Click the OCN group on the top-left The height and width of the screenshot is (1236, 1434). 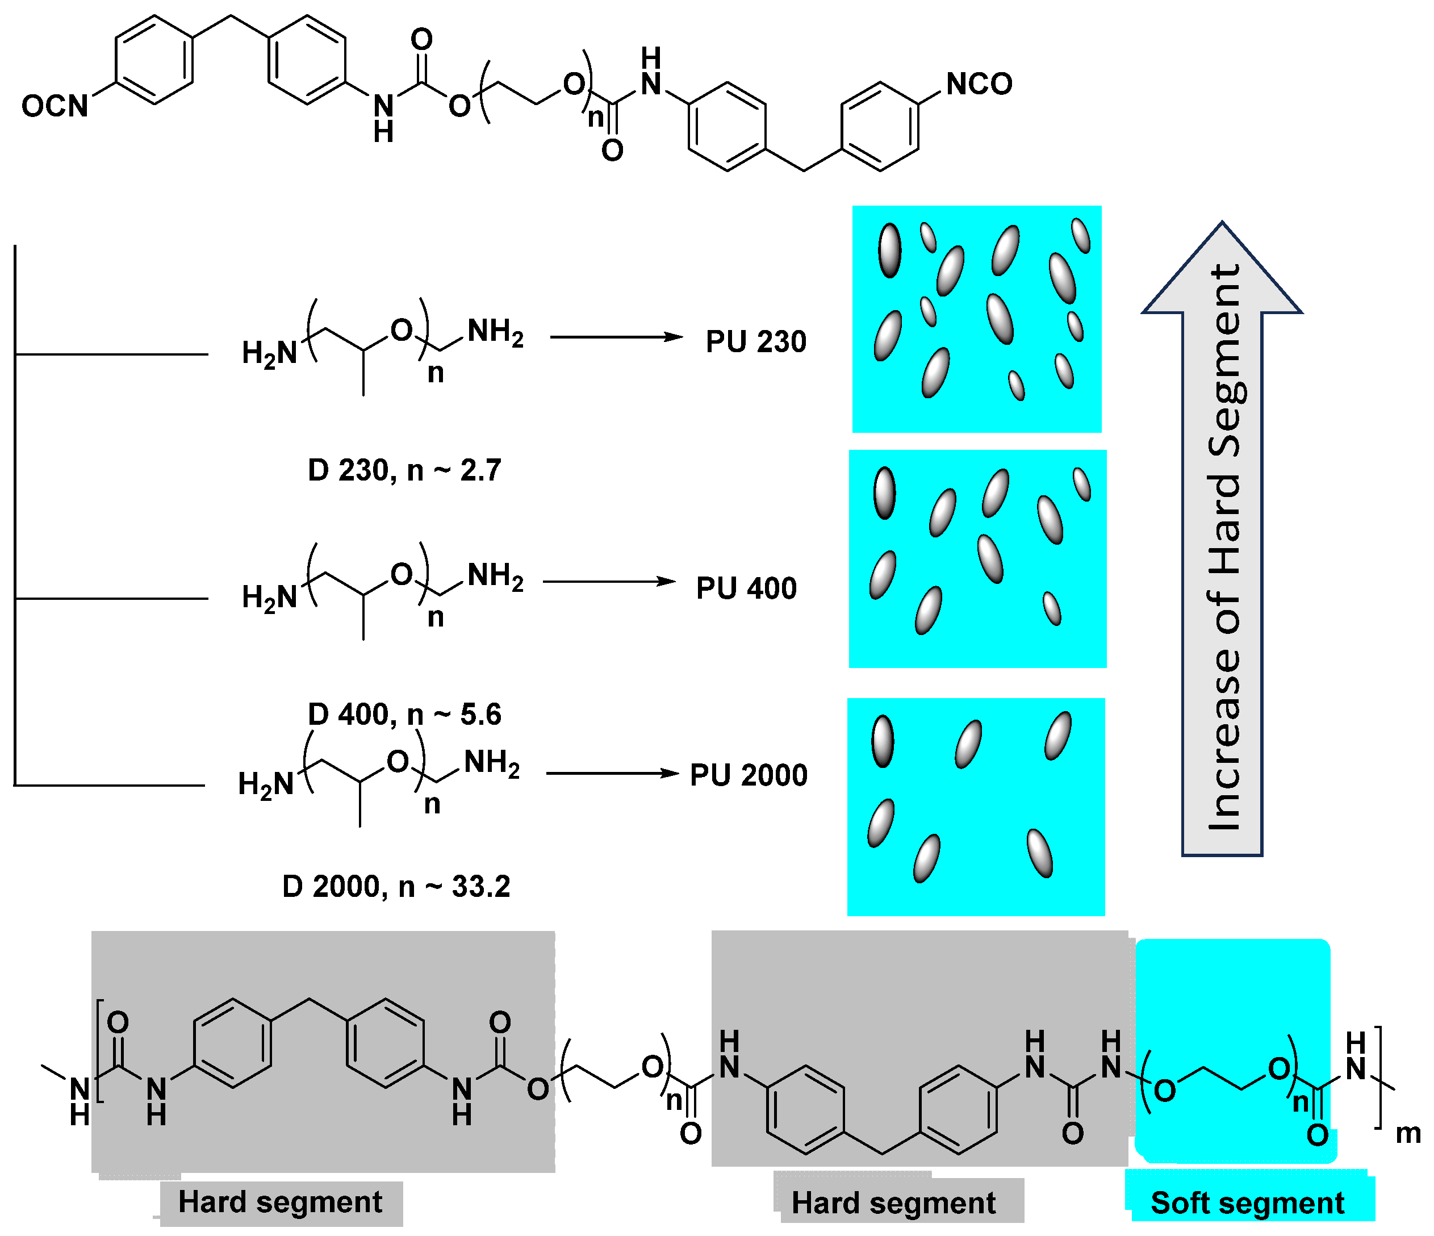(x=55, y=106)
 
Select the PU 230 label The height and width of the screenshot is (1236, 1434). (x=756, y=341)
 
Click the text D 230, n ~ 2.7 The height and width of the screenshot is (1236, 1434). (x=404, y=470)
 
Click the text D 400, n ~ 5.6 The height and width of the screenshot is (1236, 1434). (x=404, y=714)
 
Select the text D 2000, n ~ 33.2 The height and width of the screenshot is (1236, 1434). (x=396, y=887)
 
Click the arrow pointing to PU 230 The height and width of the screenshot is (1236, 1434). (x=616, y=337)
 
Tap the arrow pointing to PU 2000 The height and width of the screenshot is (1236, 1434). (x=612, y=773)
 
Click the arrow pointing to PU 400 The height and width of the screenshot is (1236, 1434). (x=609, y=581)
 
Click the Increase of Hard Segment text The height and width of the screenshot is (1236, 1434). (x=1224, y=547)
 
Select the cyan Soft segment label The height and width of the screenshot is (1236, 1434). (x=1247, y=1203)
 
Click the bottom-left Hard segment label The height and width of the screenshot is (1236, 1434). (x=281, y=1202)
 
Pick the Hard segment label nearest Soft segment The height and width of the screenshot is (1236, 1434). (x=893, y=1203)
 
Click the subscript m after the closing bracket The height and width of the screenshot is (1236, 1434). (x=1408, y=1134)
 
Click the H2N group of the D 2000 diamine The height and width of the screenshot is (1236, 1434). (x=266, y=784)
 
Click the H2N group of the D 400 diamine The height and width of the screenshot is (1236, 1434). (x=269, y=596)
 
